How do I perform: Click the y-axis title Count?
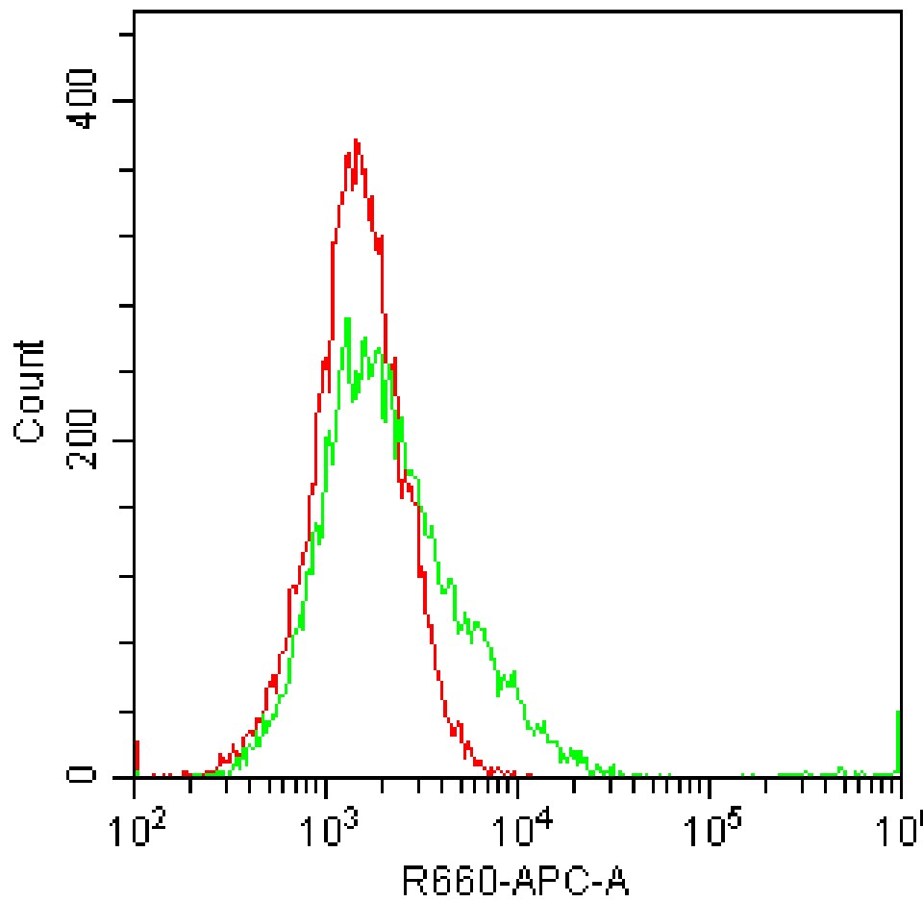[x=31, y=391]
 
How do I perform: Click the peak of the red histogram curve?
[x=357, y=140]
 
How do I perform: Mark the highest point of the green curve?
[x=347, y=318]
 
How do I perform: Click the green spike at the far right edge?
[x=898, y=740]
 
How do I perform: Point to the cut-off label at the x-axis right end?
[x=908, y=825]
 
